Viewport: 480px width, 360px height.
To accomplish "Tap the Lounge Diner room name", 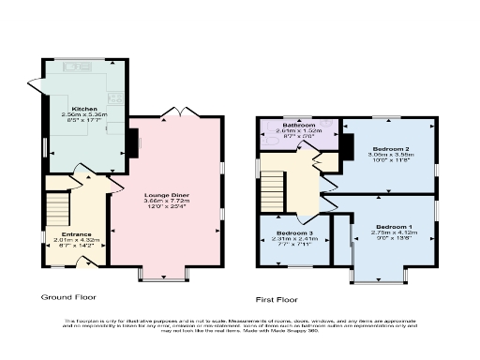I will [168, 195].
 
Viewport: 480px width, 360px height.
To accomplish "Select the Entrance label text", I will [76, 233].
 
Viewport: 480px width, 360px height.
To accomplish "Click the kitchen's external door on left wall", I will [44, 150].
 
